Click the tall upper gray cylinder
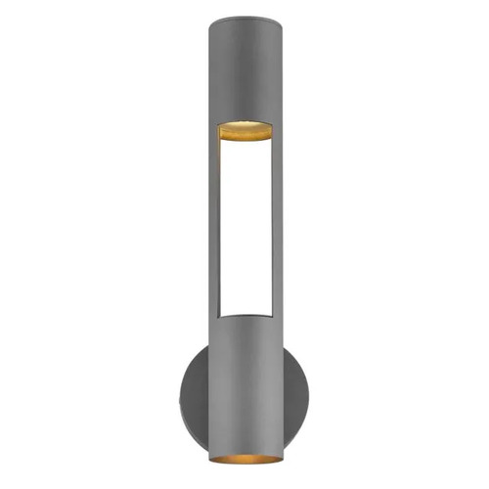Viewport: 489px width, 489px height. [x=244, y=68]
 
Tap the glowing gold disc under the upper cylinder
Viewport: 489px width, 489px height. [x=244, y=130]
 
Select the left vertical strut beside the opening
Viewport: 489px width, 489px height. [x=212, y=225]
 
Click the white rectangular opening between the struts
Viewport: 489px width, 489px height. [x=244, y=225]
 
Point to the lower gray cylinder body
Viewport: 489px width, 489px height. [x=244, y=381]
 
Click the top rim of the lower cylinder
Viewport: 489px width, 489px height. [x=244, y=315]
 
